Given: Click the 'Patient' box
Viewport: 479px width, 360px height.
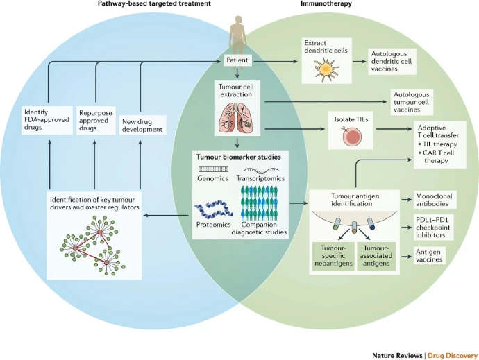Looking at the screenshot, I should pyautogui.click(x=237, y=61).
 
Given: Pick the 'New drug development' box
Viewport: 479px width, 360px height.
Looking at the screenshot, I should pyautogui.click(x=142, y=124).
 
